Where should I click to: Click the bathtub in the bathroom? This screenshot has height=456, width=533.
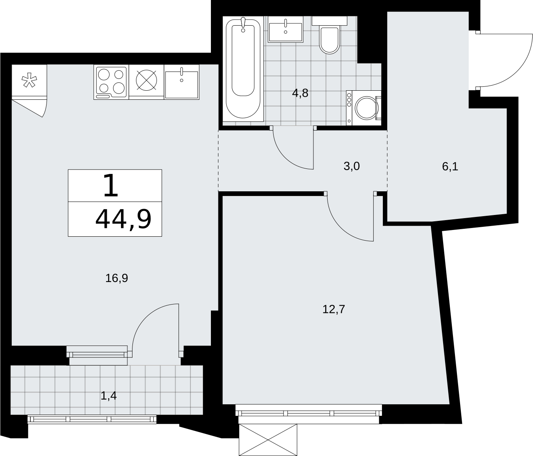243,69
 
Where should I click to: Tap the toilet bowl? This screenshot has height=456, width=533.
329,40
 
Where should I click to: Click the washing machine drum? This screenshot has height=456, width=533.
367,108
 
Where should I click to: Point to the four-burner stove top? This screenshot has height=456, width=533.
111,82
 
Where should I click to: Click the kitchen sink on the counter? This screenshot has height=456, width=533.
181,82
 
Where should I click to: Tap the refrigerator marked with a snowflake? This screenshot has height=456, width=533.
29,80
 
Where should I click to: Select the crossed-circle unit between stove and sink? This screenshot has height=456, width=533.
147,80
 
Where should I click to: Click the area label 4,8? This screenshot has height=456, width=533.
300,93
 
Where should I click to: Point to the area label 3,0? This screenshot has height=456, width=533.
352,166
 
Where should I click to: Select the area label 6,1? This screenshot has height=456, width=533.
450,167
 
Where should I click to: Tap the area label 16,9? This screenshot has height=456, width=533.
117,278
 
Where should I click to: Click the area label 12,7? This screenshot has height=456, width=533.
334,309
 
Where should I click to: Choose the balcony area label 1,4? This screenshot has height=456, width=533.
108,396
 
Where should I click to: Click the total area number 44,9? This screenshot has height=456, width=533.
123,219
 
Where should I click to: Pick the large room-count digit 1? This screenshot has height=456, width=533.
111,185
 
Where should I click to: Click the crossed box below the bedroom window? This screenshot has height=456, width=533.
268,440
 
